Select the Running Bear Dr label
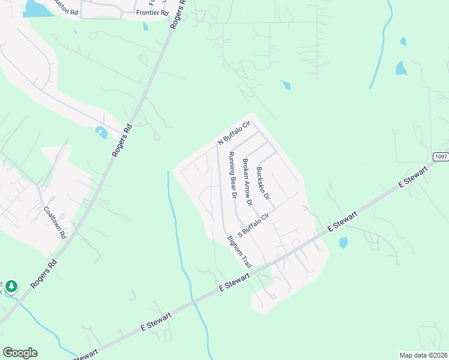click(x=232, y=175)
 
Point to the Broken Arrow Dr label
click(x=247, y=182)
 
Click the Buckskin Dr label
click(x=263, y=184)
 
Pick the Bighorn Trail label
click(x=240, y=251)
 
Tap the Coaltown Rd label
click(x=55, y=223)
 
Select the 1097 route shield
click(x=441, y=157)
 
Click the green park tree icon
click(x=11, y=287)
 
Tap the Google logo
click(x=20, y=353)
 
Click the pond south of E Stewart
click(x=343, y=243)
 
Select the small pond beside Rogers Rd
click(x=101, y=133)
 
